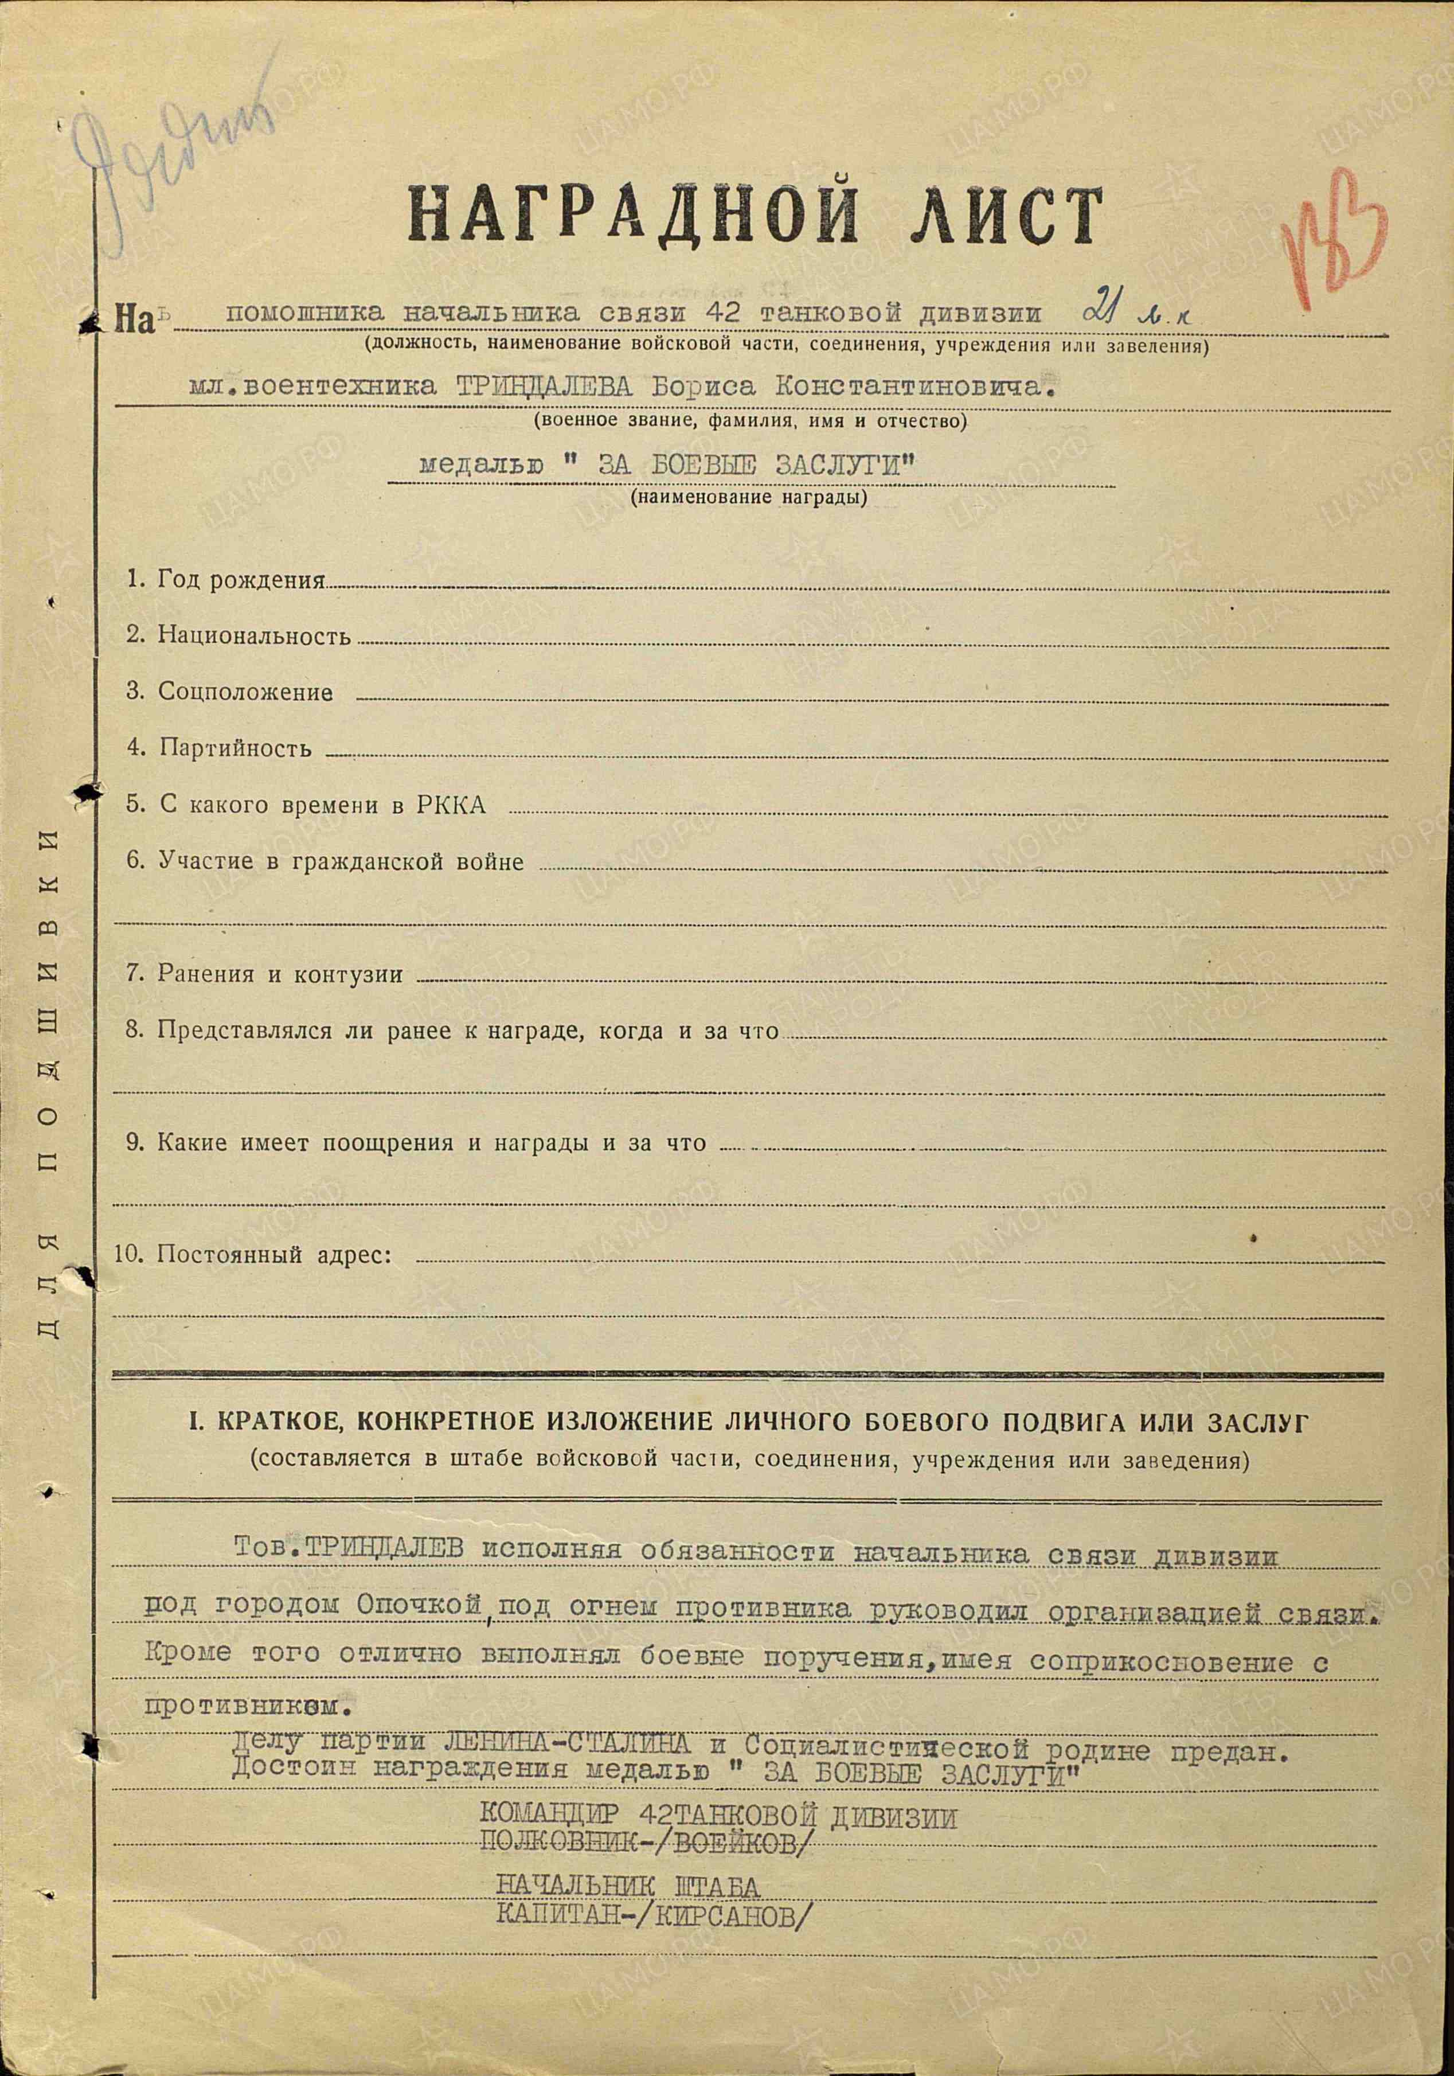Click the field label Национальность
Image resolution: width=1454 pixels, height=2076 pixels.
pos(253,635)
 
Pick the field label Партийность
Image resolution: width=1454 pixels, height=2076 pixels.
pos(235,748)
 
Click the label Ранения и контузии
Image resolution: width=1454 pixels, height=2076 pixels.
pos(279,974)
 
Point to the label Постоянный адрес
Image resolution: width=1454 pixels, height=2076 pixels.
pos(274,1255)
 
